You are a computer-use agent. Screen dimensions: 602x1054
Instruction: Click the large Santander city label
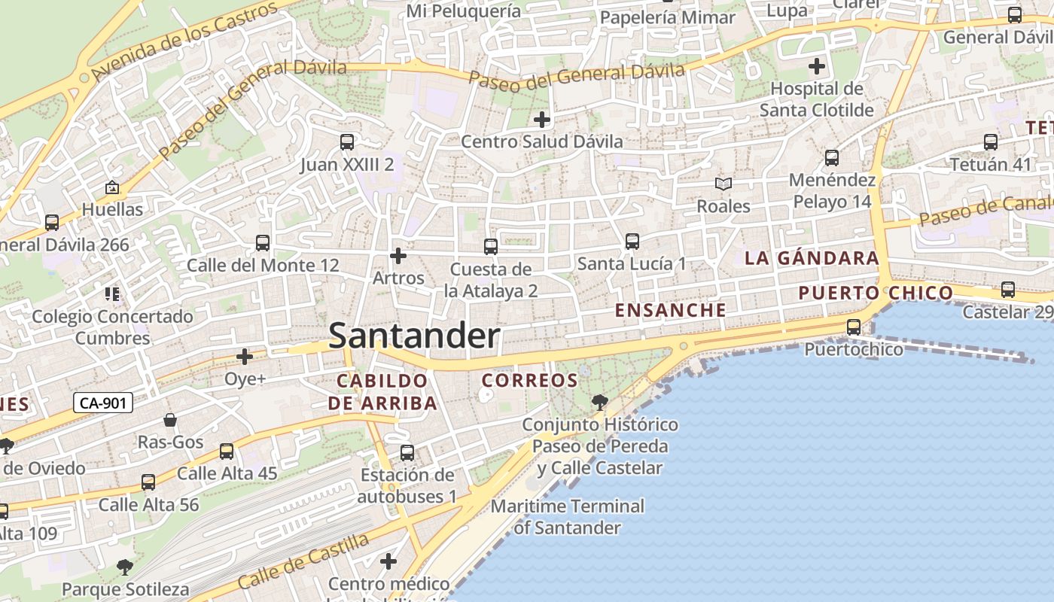414,336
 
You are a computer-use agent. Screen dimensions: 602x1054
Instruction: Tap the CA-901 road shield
104,403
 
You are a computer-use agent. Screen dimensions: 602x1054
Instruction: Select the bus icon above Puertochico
853,327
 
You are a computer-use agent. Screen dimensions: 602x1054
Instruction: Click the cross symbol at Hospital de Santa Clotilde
817,66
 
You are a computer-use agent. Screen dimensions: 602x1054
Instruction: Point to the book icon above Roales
723,184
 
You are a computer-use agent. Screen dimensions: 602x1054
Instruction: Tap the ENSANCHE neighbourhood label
671,310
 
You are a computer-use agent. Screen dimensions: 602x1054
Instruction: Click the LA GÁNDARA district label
812,258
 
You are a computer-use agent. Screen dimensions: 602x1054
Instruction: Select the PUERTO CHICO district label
876,293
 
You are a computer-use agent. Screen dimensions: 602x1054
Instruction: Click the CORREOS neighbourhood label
529,381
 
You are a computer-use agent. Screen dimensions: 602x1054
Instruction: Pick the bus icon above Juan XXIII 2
346,141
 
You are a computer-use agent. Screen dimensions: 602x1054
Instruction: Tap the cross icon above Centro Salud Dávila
541,120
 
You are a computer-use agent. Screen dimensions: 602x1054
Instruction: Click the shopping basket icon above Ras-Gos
170,420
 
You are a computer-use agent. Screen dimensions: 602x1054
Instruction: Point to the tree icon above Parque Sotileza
125,567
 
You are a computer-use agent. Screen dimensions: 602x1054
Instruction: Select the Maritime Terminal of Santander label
568,516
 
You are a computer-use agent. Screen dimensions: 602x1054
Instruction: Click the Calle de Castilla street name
303,561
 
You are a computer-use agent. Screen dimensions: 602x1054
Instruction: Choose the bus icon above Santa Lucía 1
632,242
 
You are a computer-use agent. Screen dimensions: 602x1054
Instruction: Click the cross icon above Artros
398,257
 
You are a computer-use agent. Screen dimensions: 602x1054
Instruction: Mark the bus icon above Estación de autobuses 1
407,453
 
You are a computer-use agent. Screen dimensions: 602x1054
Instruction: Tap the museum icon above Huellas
112,187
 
